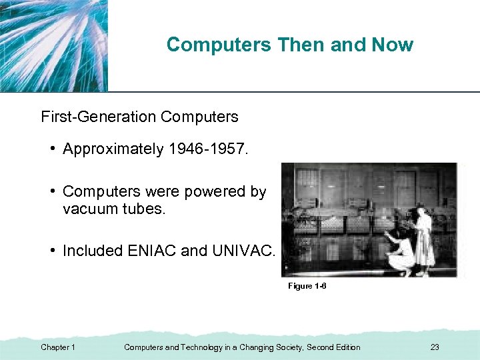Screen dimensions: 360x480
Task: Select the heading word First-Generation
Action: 98,117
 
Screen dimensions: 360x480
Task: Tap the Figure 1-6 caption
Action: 307,286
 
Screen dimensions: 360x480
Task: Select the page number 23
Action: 435,347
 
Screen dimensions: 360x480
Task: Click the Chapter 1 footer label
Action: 58,347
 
